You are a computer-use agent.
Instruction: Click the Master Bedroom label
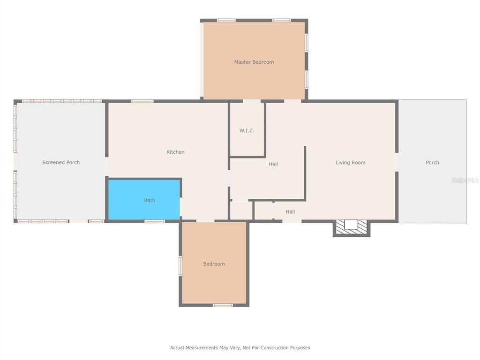point(254,62)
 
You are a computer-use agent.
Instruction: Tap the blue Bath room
point(144,200)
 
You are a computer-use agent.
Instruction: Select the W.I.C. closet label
point(247,131)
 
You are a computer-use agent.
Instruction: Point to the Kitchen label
point(175,152)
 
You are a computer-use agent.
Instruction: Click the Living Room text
point(351,163)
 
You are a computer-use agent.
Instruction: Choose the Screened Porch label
point(61,162)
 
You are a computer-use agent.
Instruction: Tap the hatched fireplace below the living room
point(352,228)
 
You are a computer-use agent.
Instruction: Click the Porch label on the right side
point(432,163)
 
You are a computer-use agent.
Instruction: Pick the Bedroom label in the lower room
point(214,264)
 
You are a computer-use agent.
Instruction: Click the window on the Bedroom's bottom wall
point(223,305)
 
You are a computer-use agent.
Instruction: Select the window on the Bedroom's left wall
point(180,266)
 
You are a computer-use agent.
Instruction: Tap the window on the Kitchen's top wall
point(142,101)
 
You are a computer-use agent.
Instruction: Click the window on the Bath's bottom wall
point(155,221)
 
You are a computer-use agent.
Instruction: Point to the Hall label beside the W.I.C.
point(273,164)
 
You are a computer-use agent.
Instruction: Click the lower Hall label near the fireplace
point(290,212)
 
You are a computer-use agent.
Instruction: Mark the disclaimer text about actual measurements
point(240,347)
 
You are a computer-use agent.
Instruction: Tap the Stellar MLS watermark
point(465,180)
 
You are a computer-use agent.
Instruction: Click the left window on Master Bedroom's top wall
point(226,21)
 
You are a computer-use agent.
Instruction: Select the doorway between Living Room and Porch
point(397,162)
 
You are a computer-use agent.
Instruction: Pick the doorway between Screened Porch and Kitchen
point(107,166)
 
